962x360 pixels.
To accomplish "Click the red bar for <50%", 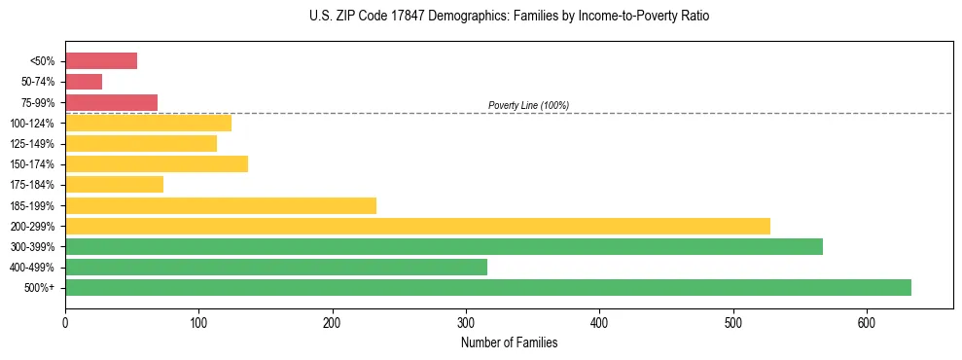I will tap(101, 61).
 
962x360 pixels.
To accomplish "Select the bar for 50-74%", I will tap(84, 82).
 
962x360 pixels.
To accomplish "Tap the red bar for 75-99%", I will tap(111, 102).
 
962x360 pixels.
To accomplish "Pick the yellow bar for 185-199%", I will tap(221, 205).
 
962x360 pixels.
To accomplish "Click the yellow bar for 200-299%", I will tap(417, 226).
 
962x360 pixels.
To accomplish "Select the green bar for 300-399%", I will tap(444, 246).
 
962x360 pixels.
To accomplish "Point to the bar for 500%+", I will tap(488, 287).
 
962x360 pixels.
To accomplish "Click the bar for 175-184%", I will tap(114, 185).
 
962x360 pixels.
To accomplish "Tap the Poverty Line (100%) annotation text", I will tap(528, 105).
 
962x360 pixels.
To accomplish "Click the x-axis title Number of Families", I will tap(509, 342).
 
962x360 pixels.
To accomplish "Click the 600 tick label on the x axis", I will tap(867, 322).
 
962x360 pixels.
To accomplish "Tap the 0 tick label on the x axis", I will tap(65, 322).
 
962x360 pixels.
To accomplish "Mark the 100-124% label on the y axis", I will tap(32, 124).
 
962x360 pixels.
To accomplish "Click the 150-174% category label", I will tap(32, 164).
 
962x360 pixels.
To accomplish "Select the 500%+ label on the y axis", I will tap(40, 288).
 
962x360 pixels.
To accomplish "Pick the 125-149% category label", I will tap(32, 144).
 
